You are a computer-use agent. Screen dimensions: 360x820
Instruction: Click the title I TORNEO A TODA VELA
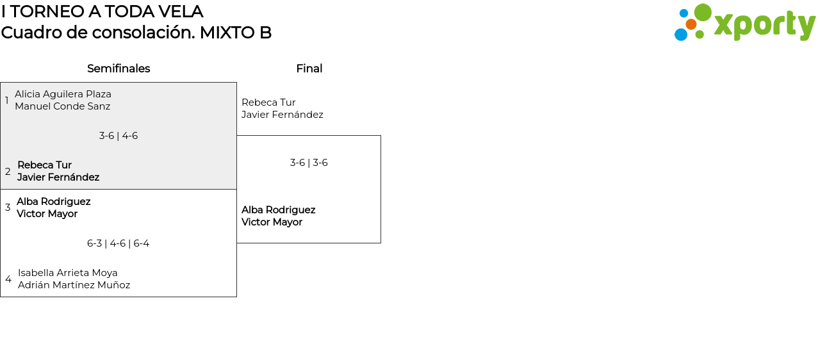click(x=102, y=12)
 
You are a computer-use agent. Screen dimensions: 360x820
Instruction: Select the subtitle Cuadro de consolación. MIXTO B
click(x=136, y=33)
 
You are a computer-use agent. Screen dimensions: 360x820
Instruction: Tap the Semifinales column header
click(x=119, y=69)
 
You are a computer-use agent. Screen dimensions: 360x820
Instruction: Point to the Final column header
click(x=309, y=69)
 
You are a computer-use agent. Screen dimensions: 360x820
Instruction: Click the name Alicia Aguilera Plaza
click(x=63, y=94)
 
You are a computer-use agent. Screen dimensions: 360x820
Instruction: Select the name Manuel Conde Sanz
click(x=62, y=106)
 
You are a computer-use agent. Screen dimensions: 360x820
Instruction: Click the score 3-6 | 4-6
click(x=119, y=136)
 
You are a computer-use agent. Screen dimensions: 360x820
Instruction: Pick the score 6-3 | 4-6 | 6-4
click(x=119, y=243)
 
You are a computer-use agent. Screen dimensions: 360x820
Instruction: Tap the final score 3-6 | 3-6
click(x=309, y=163)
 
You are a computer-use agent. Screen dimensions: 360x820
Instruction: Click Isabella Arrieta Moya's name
click(x=68, y=273)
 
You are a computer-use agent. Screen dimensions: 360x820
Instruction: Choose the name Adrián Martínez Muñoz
click(x=74, y=285)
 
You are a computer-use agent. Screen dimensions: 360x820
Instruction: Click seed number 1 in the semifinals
click(x=7, y=101)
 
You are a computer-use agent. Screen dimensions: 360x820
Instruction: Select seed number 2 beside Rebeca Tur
click(x=8, y=172)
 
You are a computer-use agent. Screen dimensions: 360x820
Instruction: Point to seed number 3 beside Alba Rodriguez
click(x=8, y=208)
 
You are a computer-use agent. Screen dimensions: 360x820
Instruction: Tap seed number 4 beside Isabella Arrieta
click(x=8, y=279)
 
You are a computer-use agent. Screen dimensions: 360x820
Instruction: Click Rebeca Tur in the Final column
click(x=268, y=102)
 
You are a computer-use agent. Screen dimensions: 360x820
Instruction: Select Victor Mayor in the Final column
click(x=272, y=222)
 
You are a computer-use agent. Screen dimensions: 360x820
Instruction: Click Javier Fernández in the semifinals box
click(x=58, y=177)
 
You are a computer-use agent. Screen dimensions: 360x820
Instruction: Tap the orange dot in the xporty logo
click(x=691, y=24)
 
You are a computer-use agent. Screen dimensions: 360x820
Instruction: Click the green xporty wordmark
click(x=764, y=26)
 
